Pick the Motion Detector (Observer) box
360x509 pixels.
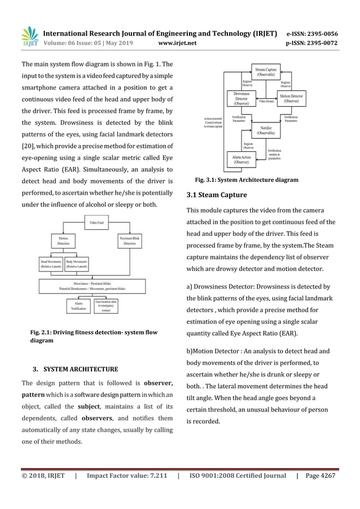296,100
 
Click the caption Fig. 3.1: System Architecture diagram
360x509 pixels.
246,180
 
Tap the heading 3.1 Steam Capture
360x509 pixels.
216,195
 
